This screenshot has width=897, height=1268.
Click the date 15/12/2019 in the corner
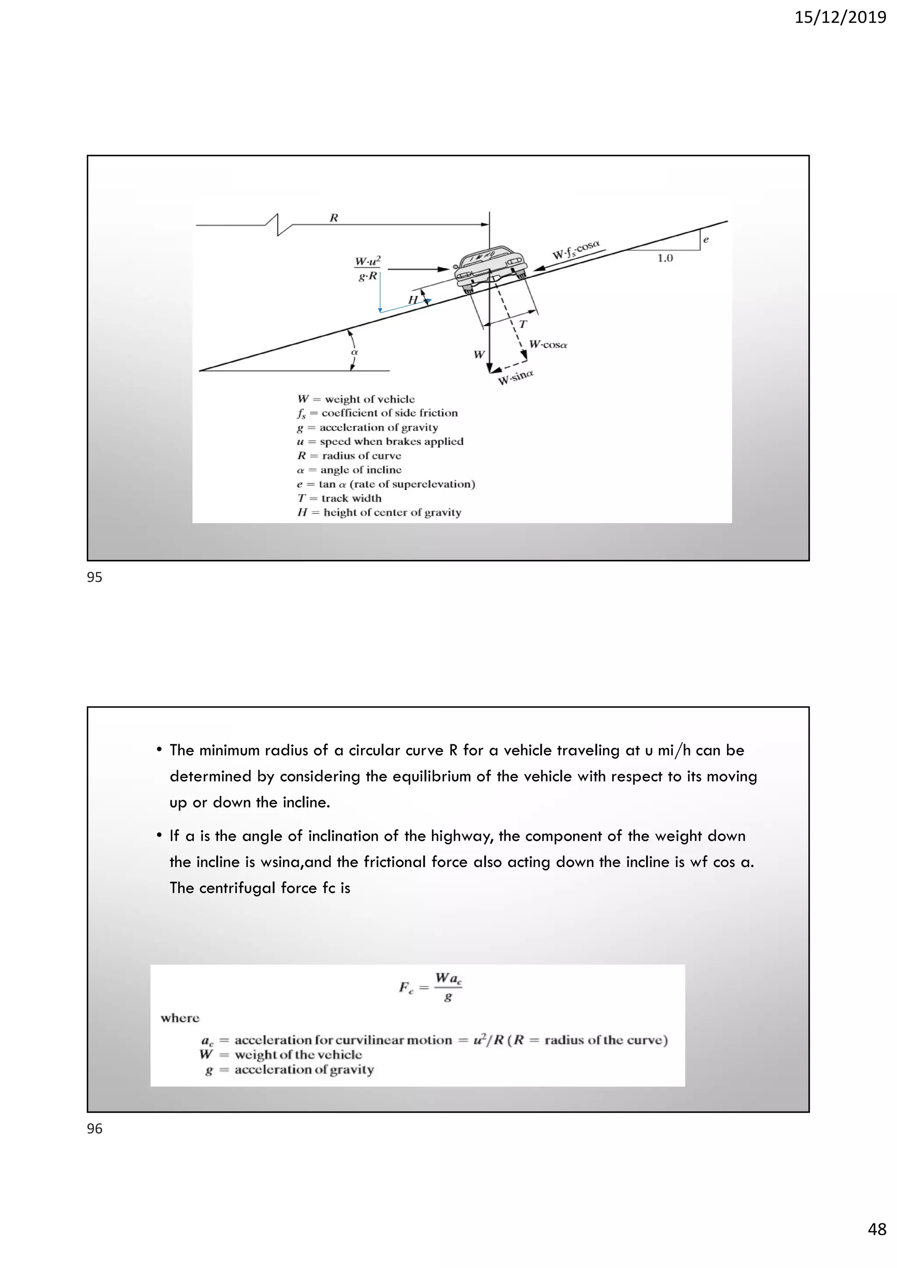pos(840,18)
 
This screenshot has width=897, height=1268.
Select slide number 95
pos(95,577)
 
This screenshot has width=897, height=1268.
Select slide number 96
pos(95,1128)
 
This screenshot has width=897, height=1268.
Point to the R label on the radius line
pos(334,218)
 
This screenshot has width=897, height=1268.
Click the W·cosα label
pos(547,345)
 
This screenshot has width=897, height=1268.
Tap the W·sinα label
pos(516,378)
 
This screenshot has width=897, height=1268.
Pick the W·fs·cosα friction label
pos(576,250)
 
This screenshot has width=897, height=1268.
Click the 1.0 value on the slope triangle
pos(664,258)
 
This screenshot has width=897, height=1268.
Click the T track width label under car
pos(523,324)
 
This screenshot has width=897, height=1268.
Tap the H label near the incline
pos(413,300)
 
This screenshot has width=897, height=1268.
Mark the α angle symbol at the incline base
pos(355,352)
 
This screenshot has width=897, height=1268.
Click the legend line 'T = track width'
pos(339,498)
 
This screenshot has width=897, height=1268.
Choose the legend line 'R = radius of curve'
pos(349,456)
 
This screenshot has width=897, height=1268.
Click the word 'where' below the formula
pos(180,1018)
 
